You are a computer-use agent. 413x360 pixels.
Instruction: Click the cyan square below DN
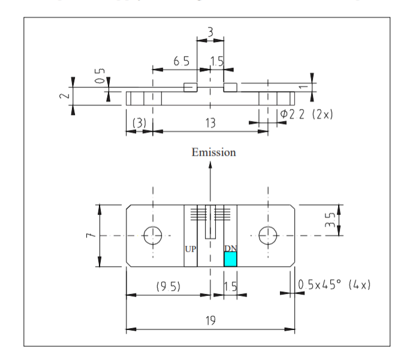coord(230,259)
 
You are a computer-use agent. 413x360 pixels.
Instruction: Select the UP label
coord(189,248)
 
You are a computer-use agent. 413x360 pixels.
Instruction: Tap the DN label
coord(230,248)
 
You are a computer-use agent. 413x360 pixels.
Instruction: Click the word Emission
coord(213,152)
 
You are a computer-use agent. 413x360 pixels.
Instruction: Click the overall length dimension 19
coord(209,321)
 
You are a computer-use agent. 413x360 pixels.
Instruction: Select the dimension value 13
coord(210,123)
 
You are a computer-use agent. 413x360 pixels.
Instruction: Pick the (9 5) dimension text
coord(170,286)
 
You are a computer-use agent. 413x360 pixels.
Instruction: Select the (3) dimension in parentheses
coord(138,123)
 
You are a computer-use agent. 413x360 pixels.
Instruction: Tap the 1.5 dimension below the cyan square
coord(230,286)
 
